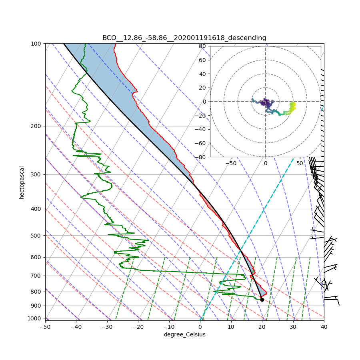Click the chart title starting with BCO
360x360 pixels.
(184, 38)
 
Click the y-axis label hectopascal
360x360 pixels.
(22, 182)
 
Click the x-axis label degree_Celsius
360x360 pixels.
(184, 334)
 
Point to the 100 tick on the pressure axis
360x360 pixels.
(37, 43)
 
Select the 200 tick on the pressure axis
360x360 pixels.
(37, 126)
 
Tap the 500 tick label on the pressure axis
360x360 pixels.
(37, 235)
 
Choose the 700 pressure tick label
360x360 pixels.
(37, 276)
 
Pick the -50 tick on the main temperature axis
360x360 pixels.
(45, 327)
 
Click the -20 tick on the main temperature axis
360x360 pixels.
(138, 327)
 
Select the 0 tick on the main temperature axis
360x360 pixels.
(200, 327)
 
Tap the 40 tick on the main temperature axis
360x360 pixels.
(324, 327)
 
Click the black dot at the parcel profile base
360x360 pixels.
(262, 300)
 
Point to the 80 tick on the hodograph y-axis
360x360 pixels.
(202, 46)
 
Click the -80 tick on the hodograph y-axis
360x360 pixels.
(201, 157)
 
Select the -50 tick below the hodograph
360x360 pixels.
(231, 163)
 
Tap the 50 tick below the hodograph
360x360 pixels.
(300, 163)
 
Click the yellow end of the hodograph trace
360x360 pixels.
(293, 104)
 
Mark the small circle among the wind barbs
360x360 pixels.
(324, 283)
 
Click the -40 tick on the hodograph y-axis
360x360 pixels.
(201, 129)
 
